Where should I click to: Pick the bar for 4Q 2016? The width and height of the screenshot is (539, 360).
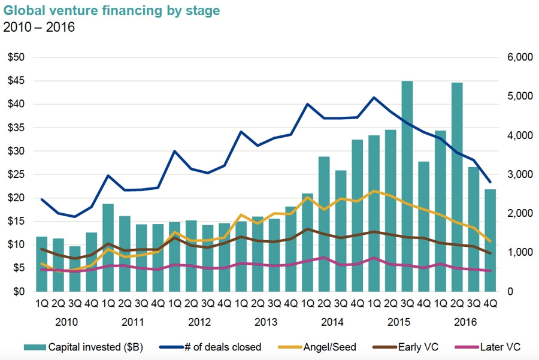[x=490, y=240]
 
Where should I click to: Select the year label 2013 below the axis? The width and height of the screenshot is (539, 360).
[x=266, y=322]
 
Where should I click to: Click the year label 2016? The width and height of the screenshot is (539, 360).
[x=465, y=322]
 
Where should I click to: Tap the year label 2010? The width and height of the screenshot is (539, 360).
[x=66, y=322]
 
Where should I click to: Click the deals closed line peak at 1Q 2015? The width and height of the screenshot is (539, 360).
[x=374, y=98]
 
